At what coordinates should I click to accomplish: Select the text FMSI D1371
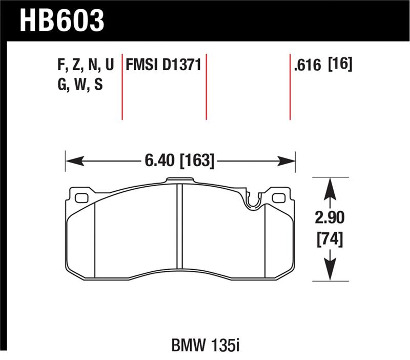point(163,65)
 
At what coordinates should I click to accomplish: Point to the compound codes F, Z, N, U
point(85,66)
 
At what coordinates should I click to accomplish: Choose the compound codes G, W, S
point(80,85)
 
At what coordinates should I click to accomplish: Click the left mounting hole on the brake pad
point(81,198)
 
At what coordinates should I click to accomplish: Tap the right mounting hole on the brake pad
point(278,198)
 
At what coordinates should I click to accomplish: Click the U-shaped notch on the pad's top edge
point(252,202)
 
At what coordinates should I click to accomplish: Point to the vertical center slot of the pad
point(180,226)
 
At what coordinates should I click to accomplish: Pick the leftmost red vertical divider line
point(122,86)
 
